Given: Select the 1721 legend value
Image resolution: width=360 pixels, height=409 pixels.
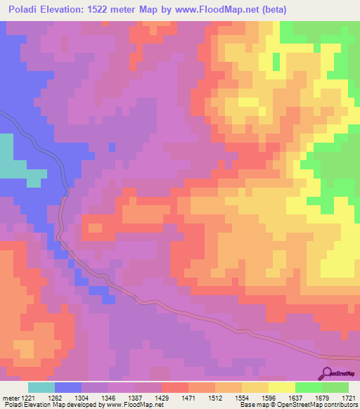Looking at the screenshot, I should coord(348,398).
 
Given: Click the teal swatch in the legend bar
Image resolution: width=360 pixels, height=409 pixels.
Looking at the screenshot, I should coord(41,387).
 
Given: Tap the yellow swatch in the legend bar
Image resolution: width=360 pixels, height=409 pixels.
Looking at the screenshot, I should coord(282,387).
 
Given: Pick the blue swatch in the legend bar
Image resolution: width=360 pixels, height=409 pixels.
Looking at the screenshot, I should coord(68,387).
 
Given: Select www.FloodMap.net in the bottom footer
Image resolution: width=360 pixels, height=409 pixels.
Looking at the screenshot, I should coord(134,405).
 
